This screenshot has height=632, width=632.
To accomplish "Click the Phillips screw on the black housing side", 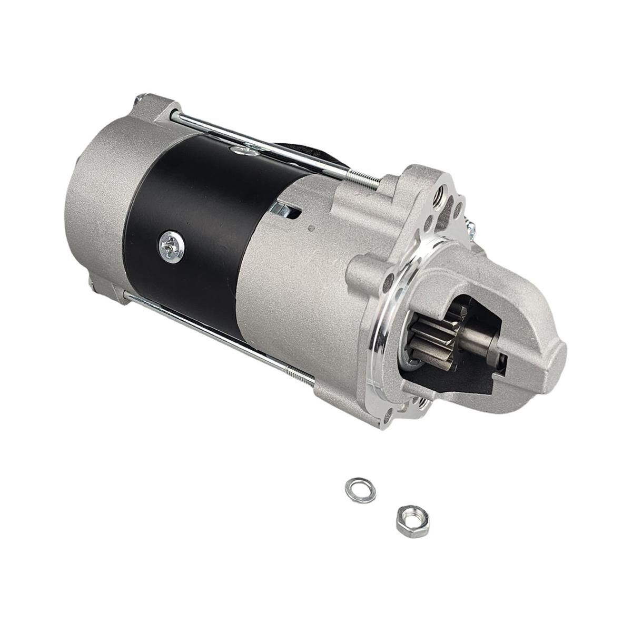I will (171, 243).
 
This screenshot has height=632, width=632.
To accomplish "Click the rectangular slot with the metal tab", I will (285, 211).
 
